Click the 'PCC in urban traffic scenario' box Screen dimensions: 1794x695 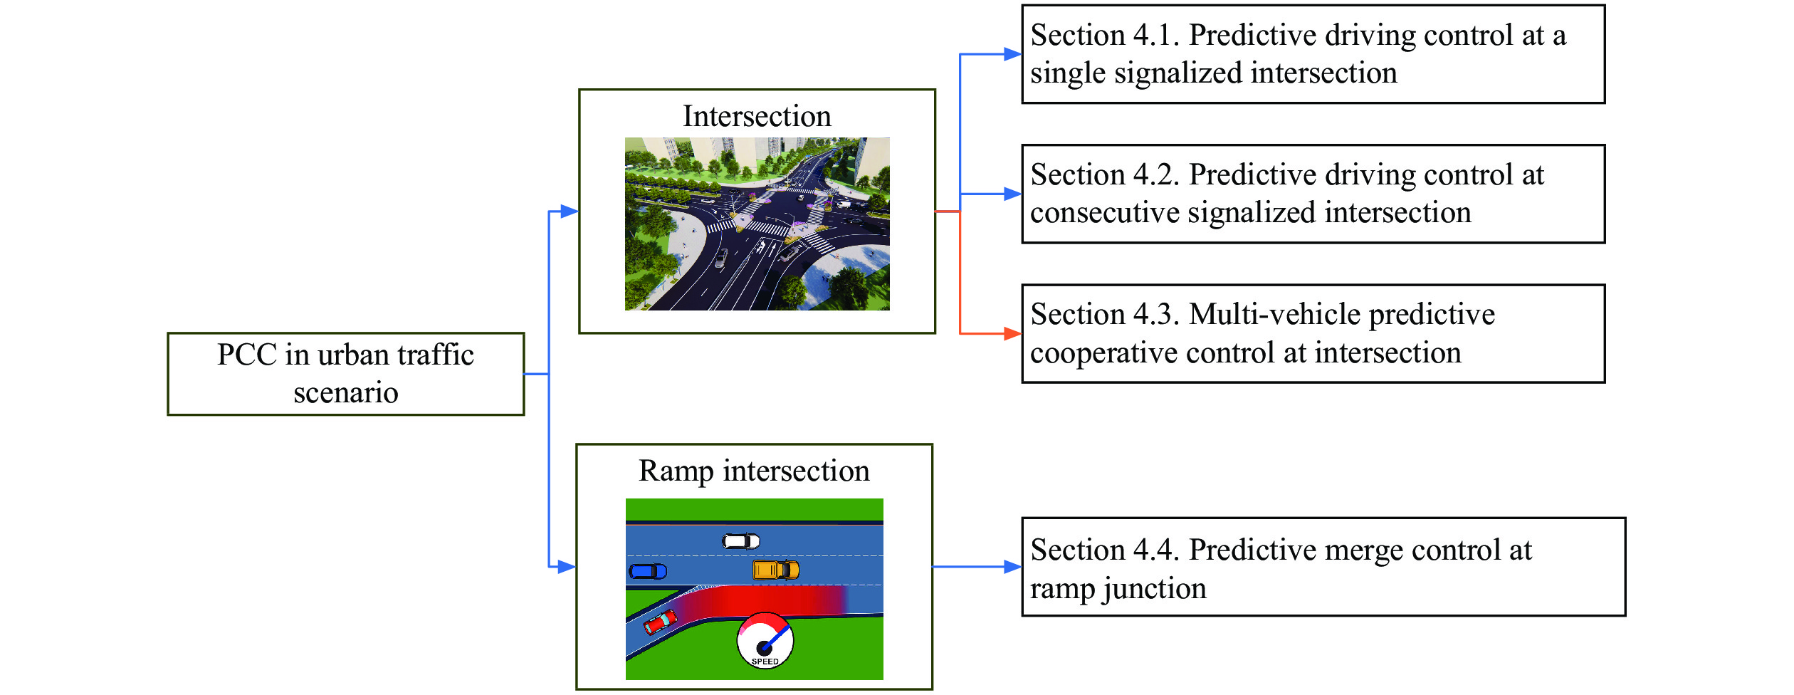346,374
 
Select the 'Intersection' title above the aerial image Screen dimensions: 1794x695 757,116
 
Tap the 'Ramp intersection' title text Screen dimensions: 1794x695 754,471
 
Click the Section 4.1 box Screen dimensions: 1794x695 1313,54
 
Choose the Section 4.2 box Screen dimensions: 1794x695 1313,194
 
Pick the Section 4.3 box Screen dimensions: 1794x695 1313,334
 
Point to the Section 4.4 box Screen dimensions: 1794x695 1323,567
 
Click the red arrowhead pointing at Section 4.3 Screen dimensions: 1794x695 1012,333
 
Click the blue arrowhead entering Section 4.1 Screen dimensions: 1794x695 1012,54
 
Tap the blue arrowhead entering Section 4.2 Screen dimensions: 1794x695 1012,194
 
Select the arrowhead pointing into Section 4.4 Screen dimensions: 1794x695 1012,567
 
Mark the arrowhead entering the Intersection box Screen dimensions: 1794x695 570,211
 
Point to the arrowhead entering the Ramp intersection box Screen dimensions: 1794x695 567,567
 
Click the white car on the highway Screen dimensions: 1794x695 741,541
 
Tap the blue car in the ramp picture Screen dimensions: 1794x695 648,571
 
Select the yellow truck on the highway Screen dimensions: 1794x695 776,570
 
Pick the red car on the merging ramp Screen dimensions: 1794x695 660,622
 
